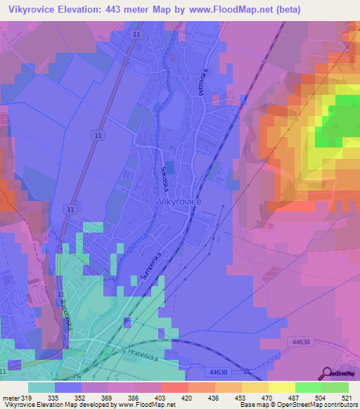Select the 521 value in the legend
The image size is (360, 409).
pos(347,398)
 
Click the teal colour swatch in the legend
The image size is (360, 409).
pos(41,387)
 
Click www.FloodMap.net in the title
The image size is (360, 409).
pos(227,10)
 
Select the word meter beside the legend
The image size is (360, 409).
pos(11,398)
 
